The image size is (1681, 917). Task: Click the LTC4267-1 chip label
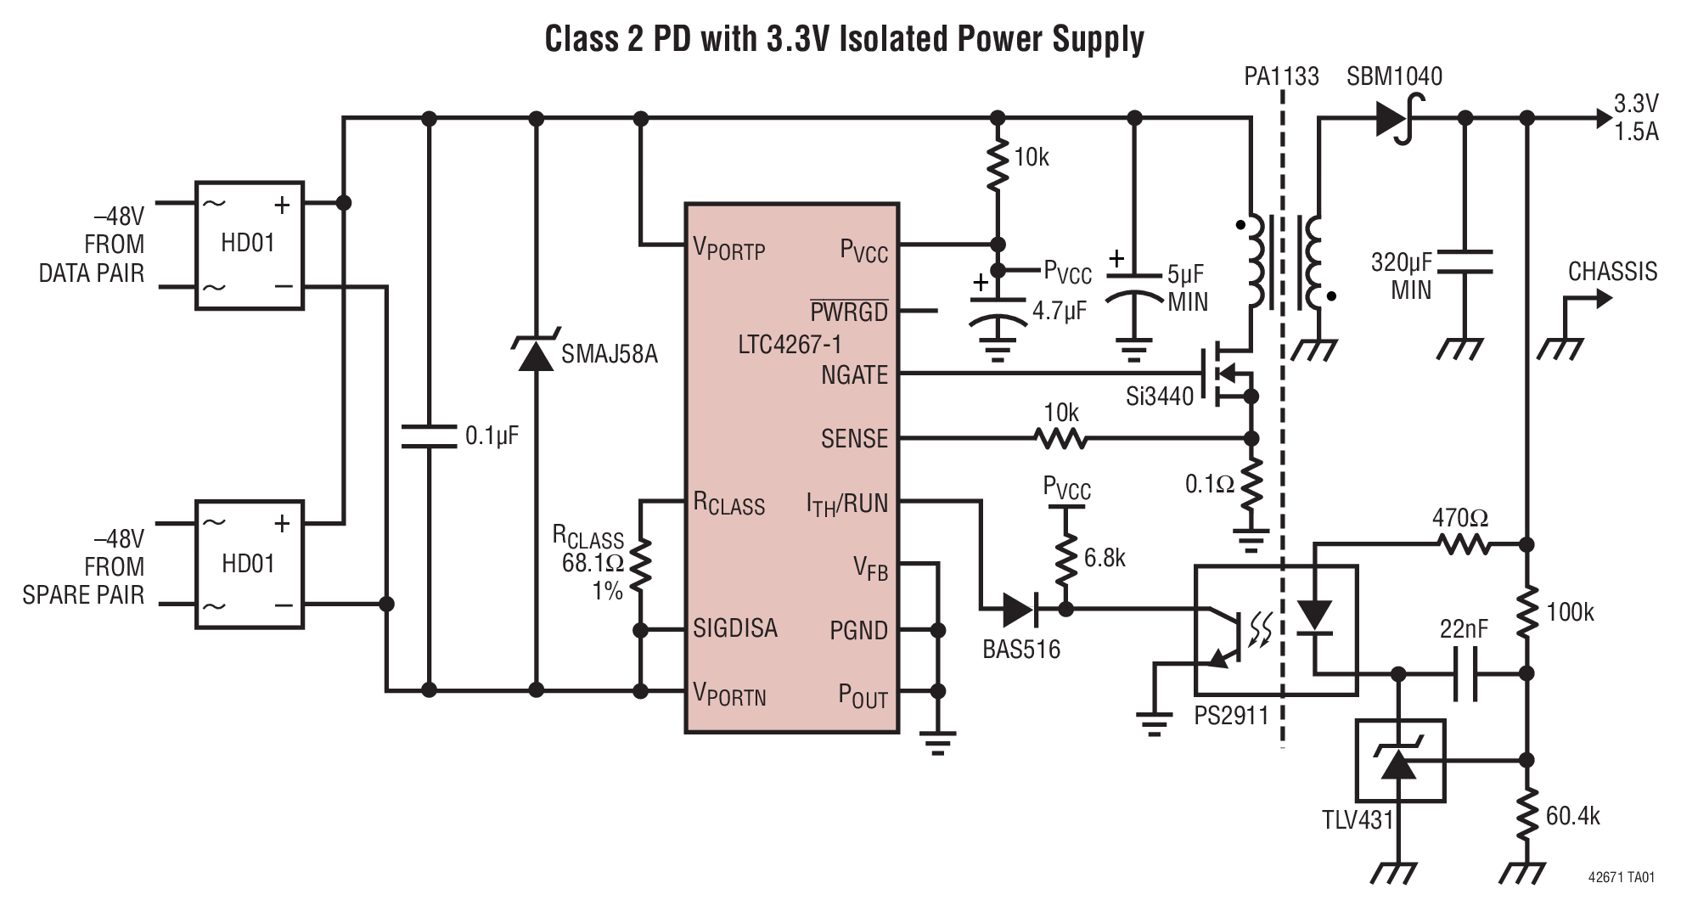click(x=790, y=345)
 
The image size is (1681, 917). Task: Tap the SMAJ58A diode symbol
click(x=536, y=354)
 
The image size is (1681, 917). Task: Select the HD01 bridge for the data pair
click(x=249, y=245)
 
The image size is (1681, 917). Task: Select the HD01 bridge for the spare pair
click(x=249, y=564)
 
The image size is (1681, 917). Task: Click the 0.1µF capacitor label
click(x=492, y=436)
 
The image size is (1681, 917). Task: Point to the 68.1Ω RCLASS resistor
click(x=640, y=564)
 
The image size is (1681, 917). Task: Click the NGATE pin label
click(x=853, y=374)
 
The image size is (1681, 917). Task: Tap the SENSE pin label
click(x=853, y=439)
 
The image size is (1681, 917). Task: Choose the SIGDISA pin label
click(x=735, y=628)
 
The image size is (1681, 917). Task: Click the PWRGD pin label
click(x=848, y=312)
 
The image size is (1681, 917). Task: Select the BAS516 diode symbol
click(x=1020, y=609)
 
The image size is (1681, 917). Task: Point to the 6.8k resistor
click(x=1065, y=558)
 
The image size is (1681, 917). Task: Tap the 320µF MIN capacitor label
click(x=1401, y=276)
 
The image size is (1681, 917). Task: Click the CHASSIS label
click(x=1611, y=272)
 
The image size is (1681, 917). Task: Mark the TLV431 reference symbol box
click(x=1400, y=761)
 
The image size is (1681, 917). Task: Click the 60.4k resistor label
click(x=1572, y=816)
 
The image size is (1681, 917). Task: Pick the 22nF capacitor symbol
click(x=1466, y=674)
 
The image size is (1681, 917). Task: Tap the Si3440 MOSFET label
click(x=1159, y=396)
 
